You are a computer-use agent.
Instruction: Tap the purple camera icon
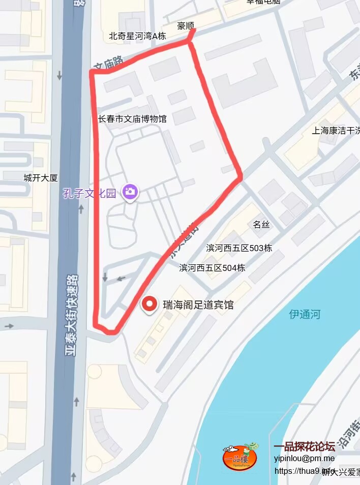click(x=131, y=192)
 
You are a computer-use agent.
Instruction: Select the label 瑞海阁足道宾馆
click(x=198, y=305)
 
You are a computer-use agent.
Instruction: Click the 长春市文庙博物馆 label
click(x=132, y=119)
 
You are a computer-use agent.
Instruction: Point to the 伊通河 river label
click(x=305, y=314)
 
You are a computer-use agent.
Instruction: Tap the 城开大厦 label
click(x=41, y=178)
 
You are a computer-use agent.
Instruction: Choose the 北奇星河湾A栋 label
click(x=137, y=36)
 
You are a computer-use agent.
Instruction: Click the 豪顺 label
click(x=186, y=25)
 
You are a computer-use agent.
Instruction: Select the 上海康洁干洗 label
click(x=336, y=130)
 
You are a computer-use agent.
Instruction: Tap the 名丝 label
click(x=261, y=225)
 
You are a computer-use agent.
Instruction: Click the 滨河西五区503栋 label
click(x=239, y=248)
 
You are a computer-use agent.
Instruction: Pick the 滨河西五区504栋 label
click(x=212, y=267)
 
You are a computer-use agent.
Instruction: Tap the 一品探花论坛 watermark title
click(x=304, y=447)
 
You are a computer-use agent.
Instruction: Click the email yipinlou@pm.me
click(x=304, y=458)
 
